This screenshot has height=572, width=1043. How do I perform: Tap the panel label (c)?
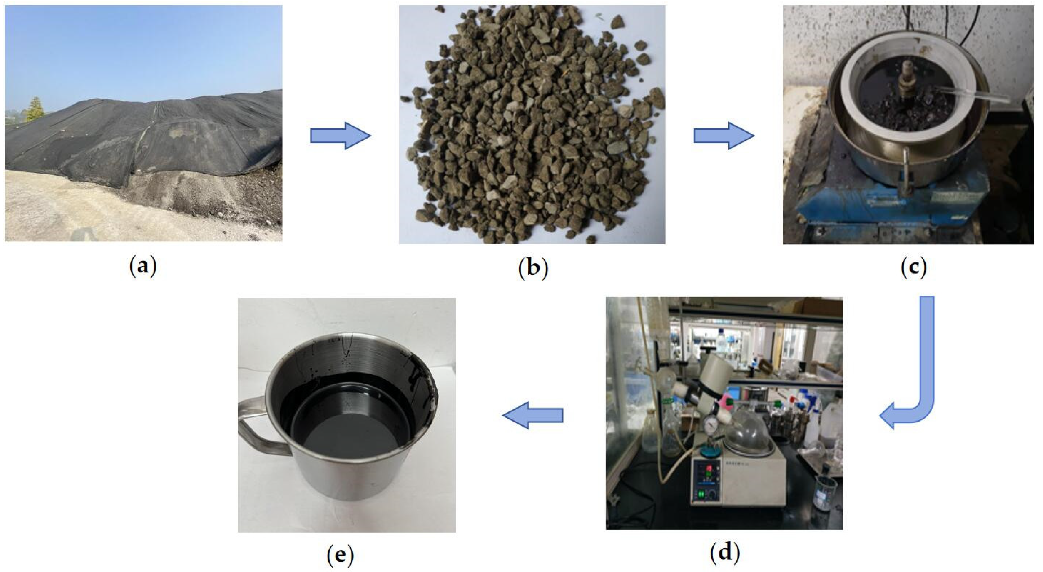[914, 267]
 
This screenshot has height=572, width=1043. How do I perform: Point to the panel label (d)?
[724, 552]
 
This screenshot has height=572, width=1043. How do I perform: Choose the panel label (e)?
[340, 555]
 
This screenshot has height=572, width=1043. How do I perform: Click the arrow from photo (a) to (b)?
[340, 136]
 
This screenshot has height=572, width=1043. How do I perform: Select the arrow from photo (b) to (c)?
[724, 136]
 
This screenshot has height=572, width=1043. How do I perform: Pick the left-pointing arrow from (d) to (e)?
[532, 415]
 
